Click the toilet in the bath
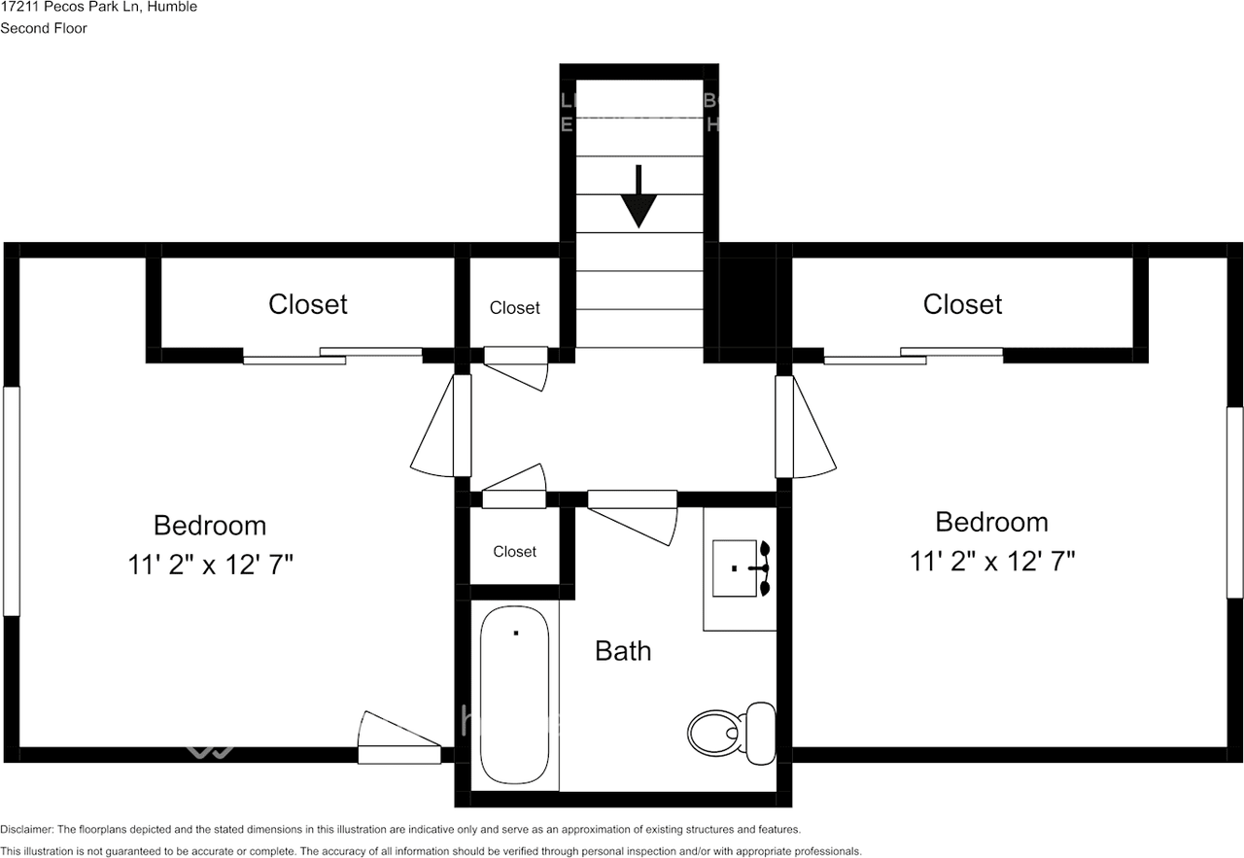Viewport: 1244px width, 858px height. tap(731, 731)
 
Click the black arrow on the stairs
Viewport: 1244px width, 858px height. tap(639, 197)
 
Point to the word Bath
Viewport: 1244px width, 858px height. tap(623, 651)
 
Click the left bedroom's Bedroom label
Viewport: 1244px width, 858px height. tap(210, 526)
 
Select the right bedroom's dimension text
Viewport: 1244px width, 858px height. tap(992, 561)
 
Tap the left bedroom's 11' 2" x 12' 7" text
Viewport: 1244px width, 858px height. tap(210, 565)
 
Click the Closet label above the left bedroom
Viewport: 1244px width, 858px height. tap(308, 304)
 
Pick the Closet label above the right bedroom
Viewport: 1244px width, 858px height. tap(962, 304)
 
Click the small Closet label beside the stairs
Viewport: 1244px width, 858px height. tap(514, 308)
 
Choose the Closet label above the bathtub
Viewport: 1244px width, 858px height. tap(514, 552)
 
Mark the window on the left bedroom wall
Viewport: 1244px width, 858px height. tap(12, 500)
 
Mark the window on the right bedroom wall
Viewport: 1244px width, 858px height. tap(1234, 500)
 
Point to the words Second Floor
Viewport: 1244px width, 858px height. tap(44, 28)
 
